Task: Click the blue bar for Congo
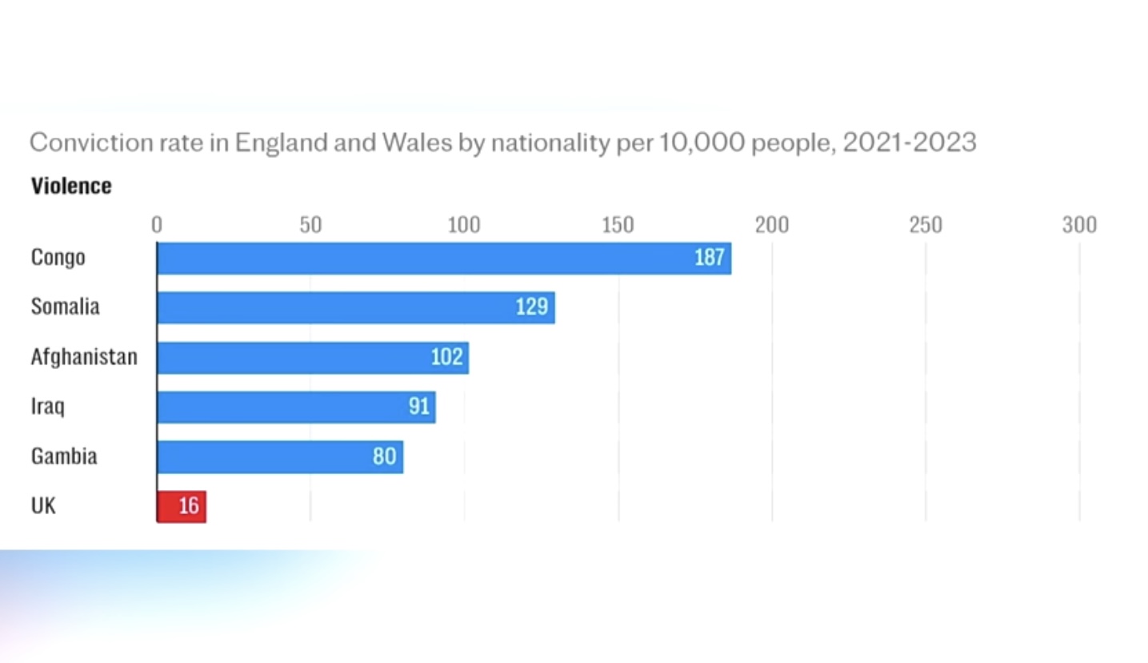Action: tap(444, 258)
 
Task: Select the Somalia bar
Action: tap(356, 308)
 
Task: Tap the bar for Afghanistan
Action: tap(313, 358)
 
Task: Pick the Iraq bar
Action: tap(297, 407)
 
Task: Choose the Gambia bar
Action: tap(280, 456)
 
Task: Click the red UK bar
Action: tap(182, 507)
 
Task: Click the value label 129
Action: tap(532, 307)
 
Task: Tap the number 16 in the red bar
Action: tap(189, 507)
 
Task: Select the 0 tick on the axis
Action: tap(157, 225)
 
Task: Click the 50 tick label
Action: tap(310, 225)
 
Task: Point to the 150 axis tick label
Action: tap(618, 225)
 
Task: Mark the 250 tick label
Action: tap(926, 225)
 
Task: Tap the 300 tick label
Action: tap(1079, 225)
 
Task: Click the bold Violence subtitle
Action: tap(71, 186)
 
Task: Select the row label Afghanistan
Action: tap(84, 356)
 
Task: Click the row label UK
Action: tap(43, 506)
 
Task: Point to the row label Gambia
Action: tap(64, 456)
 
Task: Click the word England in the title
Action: tap(281, 143)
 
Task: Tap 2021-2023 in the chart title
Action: tap(910, 143)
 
